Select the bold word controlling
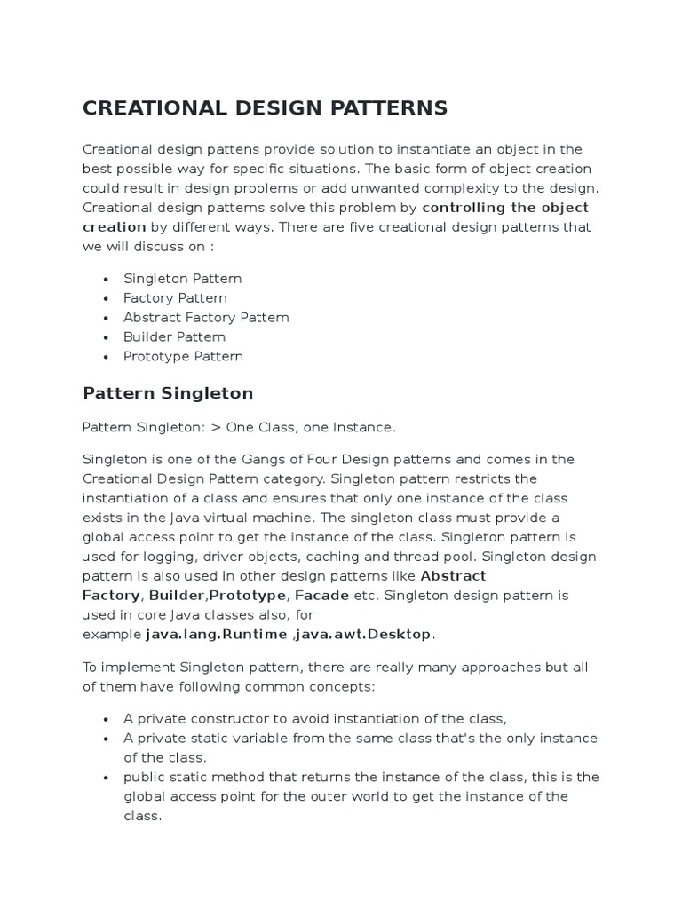pos(466,208)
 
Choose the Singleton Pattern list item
pos(182,279)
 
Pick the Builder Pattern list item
pos(174,337)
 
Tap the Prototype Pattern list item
pos(183,357)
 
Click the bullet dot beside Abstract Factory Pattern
pos(106,318)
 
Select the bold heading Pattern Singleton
pos(168,393)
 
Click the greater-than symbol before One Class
pos(215,428)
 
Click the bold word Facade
pos(321,596)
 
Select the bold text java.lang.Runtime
pos(216,635)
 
